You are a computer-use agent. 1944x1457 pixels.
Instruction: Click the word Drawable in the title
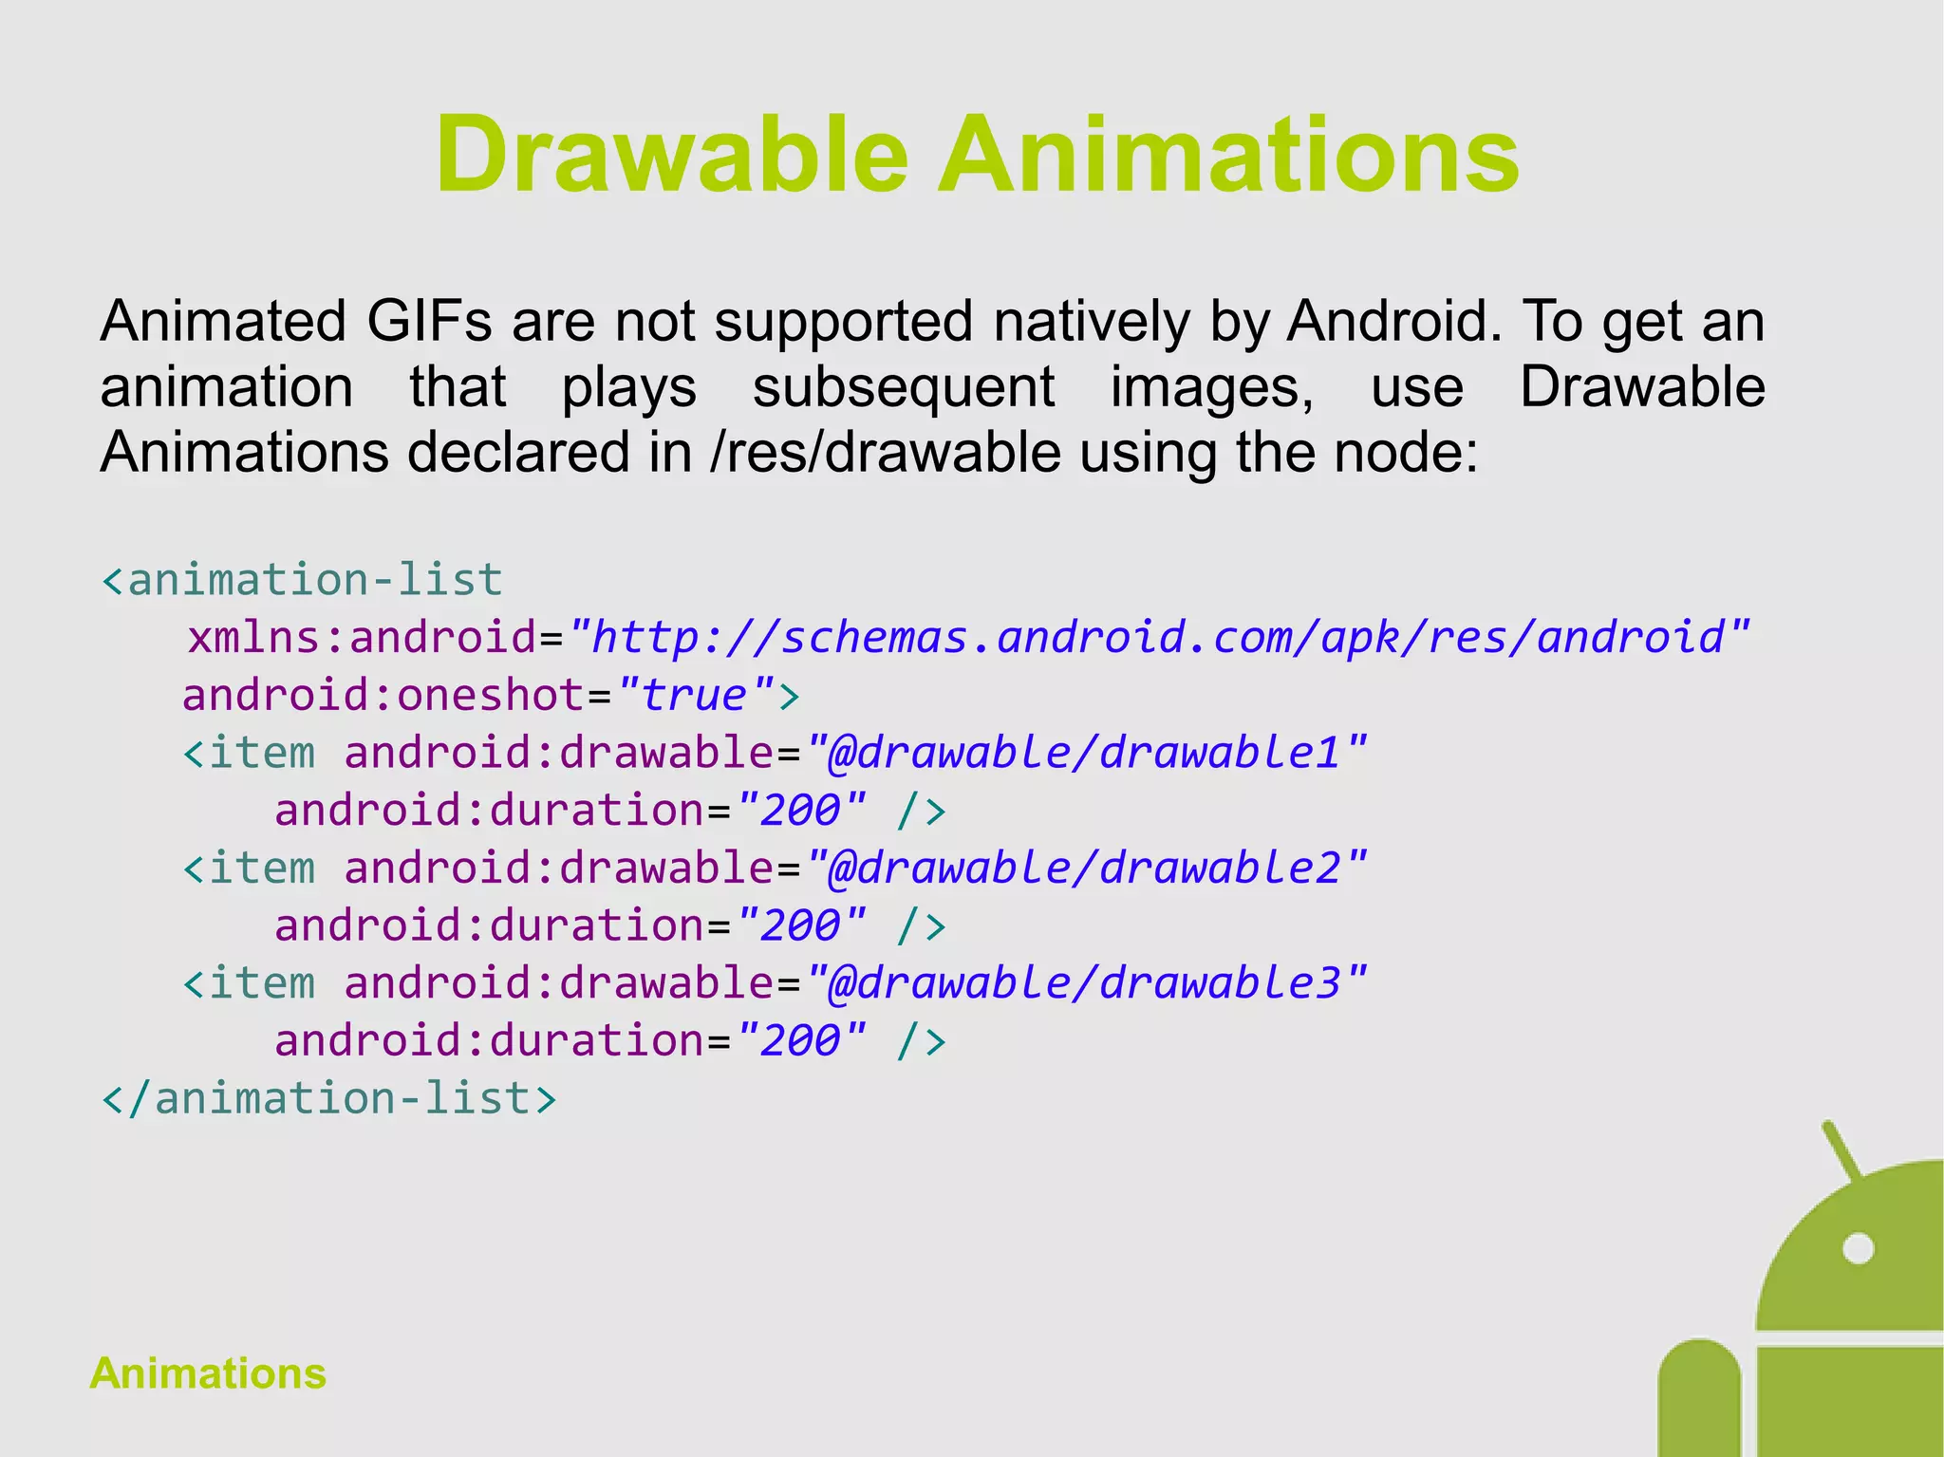(x=671, y=155)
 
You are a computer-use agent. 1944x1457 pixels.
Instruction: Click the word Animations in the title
(x=1228, y=155)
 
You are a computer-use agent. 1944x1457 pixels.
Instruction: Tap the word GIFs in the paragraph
(x=429, y=321)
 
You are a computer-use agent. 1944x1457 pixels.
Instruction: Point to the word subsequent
(x=903, y=387)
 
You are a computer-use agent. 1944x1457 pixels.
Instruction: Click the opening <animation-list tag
(x=302, y=580)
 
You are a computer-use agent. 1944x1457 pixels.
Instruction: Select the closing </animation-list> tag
(x=328, y=1099)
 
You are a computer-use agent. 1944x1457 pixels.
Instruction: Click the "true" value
(x=696, y=695)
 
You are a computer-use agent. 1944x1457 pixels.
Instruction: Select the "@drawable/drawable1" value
(x=1086, y=753)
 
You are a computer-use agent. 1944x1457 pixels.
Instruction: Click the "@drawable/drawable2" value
(x=1086, y=868)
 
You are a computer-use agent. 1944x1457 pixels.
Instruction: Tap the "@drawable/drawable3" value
(x=1086, y=983)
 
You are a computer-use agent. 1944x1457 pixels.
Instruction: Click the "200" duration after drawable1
(x=801, y=811)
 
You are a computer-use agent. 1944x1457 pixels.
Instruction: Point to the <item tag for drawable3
(x=249, y=983)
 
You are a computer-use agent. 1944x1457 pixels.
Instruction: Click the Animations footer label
(x=208, y=1373)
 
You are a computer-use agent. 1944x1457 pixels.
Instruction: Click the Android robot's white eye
(x=1858, y=1248)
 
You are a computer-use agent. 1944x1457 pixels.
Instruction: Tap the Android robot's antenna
(x=1841, y=1149)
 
